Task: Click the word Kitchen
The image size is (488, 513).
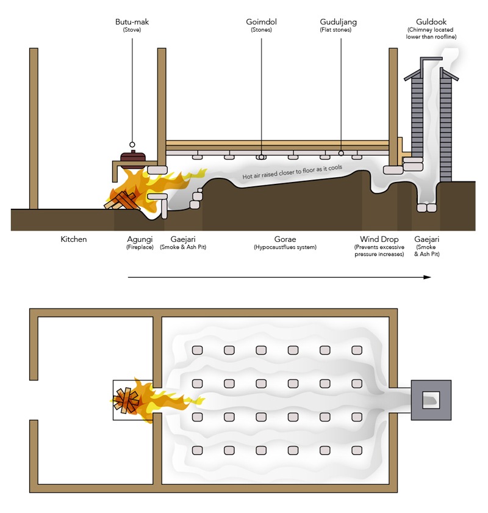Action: (x=73, y=239)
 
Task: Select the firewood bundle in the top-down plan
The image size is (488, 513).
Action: (x=126, y=400)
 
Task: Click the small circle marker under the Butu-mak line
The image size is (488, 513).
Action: (x=132, y=145)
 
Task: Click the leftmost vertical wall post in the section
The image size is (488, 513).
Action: (x=34, y=128)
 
